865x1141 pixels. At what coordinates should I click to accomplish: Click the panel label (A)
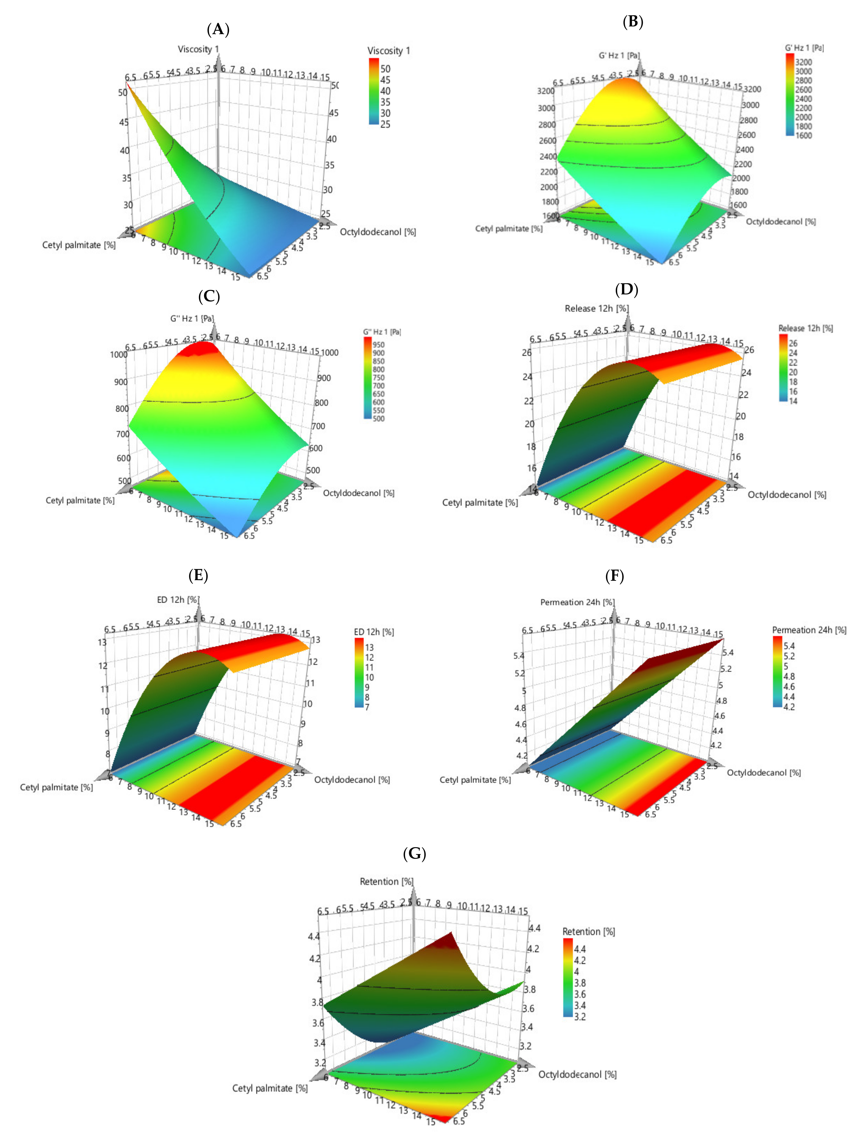point(218,29)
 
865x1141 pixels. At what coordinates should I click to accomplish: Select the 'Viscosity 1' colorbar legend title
point(388,50)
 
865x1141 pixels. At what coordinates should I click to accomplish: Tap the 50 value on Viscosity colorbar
point(385,69)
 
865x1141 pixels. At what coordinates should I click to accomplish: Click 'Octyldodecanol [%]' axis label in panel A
point(377,232)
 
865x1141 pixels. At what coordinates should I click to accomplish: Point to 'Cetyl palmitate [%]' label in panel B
point(509,228)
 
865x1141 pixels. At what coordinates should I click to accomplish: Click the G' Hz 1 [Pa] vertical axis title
point(619,55)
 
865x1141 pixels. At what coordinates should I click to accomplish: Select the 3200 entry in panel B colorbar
point(803,62)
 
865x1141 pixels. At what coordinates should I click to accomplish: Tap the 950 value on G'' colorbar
point(379,345)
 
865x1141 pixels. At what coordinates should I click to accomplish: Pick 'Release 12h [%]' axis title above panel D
point(596,308)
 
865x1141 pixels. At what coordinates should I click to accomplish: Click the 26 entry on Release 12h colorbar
point(793,343)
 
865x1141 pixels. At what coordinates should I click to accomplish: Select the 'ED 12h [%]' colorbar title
point(373,632)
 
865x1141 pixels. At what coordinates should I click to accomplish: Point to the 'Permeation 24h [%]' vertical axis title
point(577,602)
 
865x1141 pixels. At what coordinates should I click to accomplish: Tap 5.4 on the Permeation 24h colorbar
point(789,646)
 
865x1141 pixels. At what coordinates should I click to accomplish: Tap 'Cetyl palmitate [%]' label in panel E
point(56,787)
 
